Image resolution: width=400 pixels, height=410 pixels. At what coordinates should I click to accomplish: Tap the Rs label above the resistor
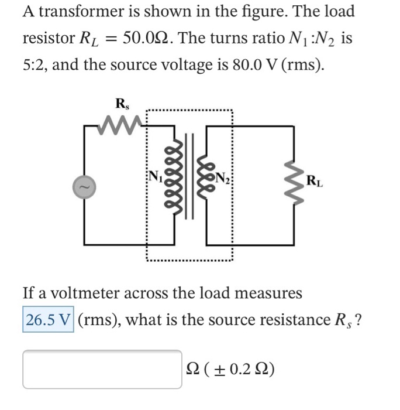122,105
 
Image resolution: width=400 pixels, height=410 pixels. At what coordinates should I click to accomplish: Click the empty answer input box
102,369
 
